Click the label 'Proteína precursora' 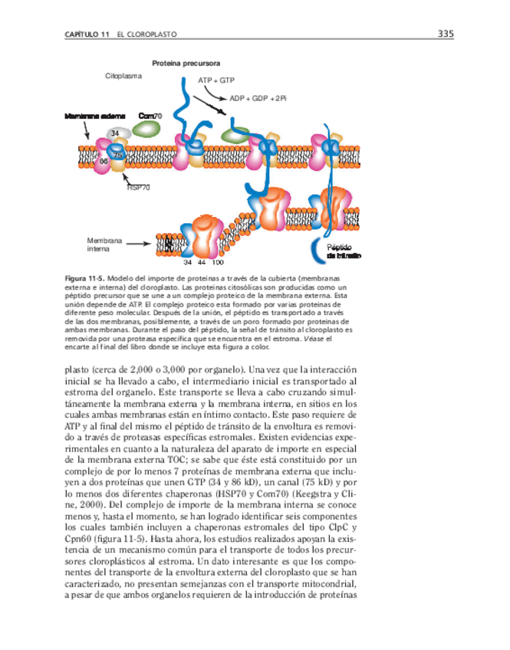pos(186,62)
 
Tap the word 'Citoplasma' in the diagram pos(123,77)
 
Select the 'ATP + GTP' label pos(216,80)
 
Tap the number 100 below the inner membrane pos(217,262)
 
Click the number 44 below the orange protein pos(201,262)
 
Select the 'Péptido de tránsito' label pos(344,251)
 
